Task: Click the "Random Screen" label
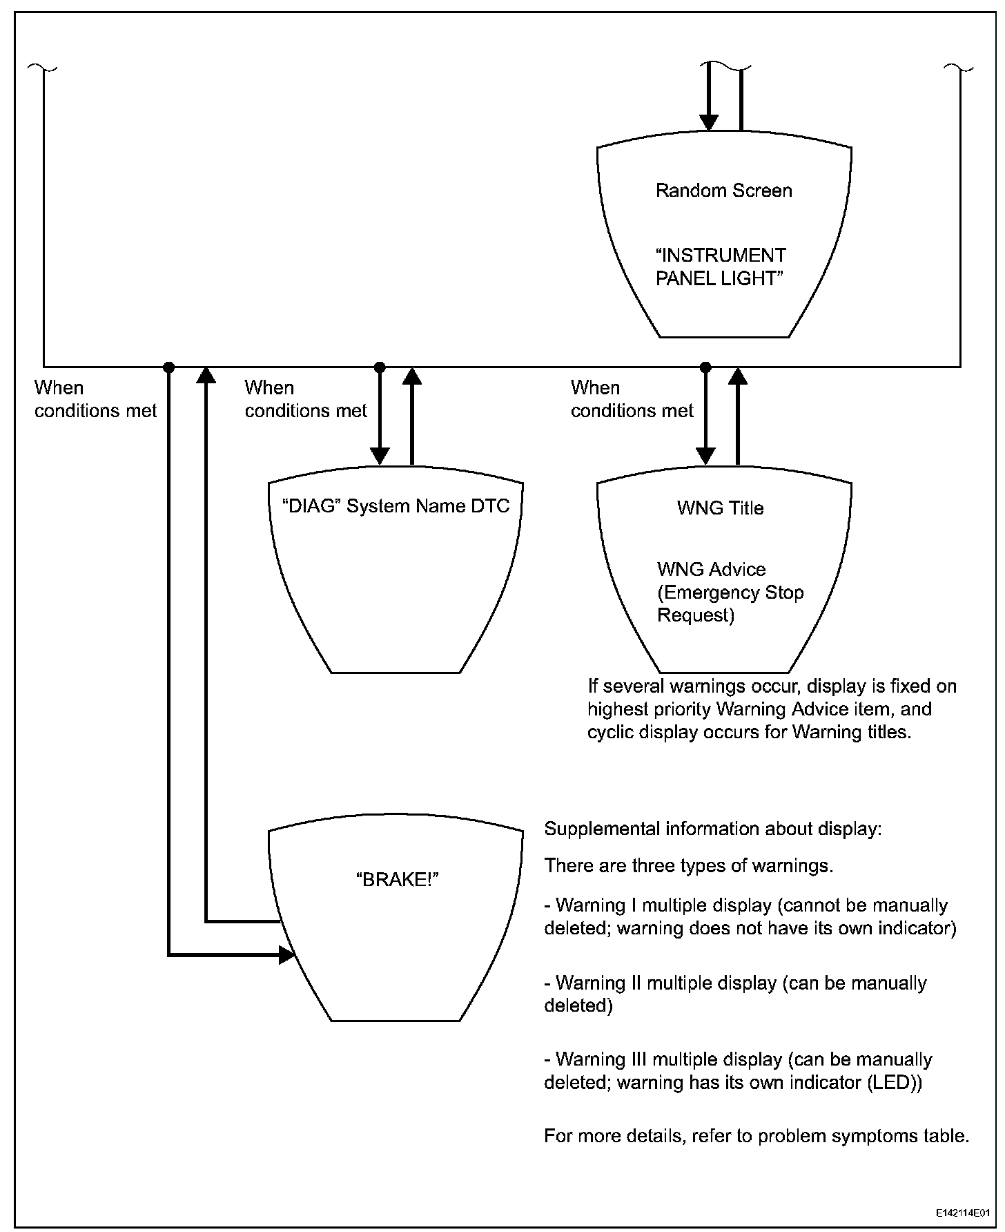723,191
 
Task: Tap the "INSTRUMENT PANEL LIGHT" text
720,267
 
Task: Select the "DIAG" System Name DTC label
396,506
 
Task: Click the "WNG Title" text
720,508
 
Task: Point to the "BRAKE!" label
398,879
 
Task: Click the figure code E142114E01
963,1213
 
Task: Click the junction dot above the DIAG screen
379,366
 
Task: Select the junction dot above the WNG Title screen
705,366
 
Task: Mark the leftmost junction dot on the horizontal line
168,366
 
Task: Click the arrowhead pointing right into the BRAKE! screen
286,955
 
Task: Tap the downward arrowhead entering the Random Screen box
708,122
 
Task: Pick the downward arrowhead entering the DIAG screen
379,455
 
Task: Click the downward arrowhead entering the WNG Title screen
705,455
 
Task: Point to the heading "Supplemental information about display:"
713,829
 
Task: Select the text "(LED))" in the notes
893,1083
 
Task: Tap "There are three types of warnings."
689,866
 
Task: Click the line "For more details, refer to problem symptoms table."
757,1136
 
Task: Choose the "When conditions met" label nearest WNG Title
632,399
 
